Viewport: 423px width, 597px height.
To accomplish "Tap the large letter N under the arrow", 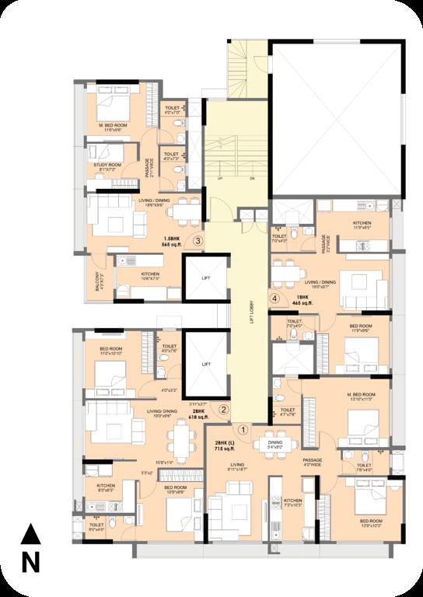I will (30, 561).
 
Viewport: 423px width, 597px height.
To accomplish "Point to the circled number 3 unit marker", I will (198, 241).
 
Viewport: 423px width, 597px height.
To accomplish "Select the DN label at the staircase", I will (251, 178).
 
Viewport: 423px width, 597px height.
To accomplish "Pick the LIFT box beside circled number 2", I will (206, 364).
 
